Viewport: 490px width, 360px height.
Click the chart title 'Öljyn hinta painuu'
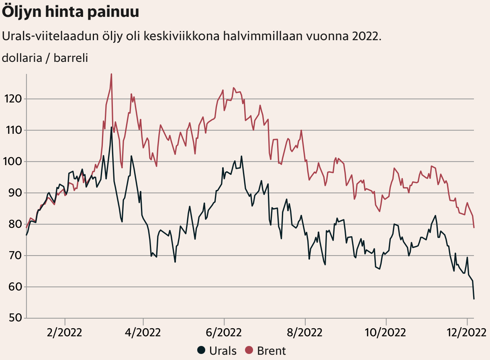[x=71, y=12]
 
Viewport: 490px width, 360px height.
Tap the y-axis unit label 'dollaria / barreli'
[x=45, y=58]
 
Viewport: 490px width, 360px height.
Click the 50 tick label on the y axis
[x=14, y=318]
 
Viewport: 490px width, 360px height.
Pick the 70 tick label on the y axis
[x=14, y=256]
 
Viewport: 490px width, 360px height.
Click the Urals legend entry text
[x=223, y=350]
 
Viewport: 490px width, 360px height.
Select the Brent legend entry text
[x=272, y=350]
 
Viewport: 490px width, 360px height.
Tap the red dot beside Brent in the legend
[x=249, y=350]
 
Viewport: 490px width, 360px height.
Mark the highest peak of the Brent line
[x=111, y=74]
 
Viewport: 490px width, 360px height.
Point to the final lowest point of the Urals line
[x=474, y=299]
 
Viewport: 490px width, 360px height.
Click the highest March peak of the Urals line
[x=111, y=127]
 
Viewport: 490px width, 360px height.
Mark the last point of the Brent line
[x=474, y=228]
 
